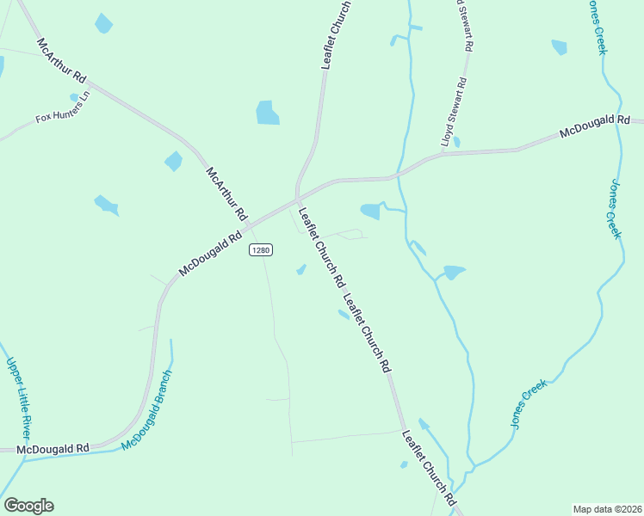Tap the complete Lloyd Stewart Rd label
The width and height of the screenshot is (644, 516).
point(454,112)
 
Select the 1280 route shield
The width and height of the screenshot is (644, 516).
point(261,249)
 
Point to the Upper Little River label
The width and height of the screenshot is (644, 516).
point(19,400)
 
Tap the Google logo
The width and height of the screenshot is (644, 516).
point(28,506)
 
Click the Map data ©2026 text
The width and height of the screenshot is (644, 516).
point(607,508)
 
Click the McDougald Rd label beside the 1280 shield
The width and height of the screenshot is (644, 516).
point(211,253)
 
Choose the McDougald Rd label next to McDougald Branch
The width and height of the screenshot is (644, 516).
point(53,449)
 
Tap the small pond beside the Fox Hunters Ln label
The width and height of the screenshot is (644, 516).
point(75,97)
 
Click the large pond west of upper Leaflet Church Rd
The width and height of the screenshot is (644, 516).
point(268,113)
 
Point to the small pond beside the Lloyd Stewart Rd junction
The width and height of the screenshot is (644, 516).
point(456,142)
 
